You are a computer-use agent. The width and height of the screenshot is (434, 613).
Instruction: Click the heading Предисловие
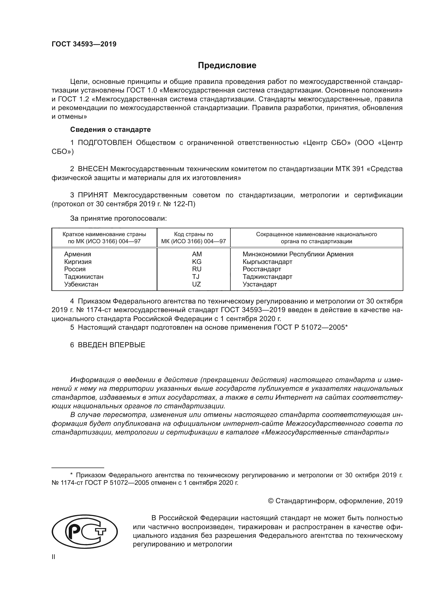pyautogui.click(x=227, y=66)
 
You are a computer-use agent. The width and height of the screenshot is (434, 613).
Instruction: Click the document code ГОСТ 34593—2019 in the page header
pyautogui.click(x=84, y=44)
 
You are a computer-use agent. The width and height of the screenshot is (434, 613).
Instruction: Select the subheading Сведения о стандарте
pyautogui.click(x=110, y=129)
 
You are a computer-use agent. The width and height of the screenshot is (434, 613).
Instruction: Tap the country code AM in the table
pyautogui.click(x=197, y=254)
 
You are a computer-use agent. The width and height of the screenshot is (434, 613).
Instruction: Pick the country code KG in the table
pyautogui.click(x=197, y=262)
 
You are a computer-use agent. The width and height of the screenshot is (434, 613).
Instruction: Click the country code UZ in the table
pyautogui.click(x=197, y=284)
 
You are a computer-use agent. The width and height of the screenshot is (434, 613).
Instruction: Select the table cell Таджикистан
pyautogui.click(x=84, y=277)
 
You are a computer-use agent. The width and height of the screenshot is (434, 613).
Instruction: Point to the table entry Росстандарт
pyautogui.click(x=262, y=269)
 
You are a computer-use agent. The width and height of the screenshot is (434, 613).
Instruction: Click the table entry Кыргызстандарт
pyautogui.click(x=267, y=262)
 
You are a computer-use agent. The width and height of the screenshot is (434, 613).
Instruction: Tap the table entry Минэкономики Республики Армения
pyautogui.click(x=298, y=254)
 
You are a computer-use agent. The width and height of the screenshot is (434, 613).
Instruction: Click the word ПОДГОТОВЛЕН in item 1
pyautogui.click(x=105, y=143)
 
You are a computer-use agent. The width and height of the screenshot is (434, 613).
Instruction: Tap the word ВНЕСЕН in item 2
pyautogui.click(x=93, y=169)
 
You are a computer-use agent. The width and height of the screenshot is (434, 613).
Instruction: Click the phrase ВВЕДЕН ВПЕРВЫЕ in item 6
pyautogui.click(x=112, y=345)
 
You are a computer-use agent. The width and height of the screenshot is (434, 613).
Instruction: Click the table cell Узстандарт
pyautogui.click(x=260, y=284)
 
